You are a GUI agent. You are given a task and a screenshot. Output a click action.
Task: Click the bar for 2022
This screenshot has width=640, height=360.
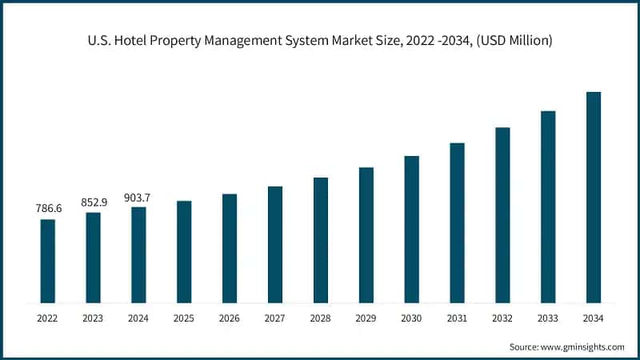(x=48, y=262)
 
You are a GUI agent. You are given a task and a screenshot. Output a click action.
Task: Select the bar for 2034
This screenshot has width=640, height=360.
(x=594, y=198)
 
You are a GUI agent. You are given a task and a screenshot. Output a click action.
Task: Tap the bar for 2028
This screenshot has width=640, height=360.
(x=321, y=240)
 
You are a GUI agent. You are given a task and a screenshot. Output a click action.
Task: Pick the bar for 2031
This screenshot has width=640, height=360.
(x=457, y=223)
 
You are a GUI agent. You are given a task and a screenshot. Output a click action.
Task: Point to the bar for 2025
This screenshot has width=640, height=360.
(x=184, y=252)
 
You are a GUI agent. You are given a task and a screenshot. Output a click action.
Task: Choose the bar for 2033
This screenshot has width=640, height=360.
(x=548, y=207)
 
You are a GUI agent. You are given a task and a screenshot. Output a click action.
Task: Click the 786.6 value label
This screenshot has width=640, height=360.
(x=48, y=208)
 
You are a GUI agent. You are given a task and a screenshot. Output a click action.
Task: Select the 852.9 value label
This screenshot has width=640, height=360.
(x=94, y=202)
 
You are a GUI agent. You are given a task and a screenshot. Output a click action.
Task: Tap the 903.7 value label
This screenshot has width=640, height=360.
(x=138, y=197)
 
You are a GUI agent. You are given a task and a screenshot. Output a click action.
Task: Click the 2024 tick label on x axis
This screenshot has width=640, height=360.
(x=138, y=318)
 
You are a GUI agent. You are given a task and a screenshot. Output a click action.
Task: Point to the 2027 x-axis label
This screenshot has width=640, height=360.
(x=275, y=318)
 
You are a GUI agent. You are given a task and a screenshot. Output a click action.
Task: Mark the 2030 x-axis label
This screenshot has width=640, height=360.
(x=411, y=318)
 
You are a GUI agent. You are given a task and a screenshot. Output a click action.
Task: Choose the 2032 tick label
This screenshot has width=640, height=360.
(x=502, y=318)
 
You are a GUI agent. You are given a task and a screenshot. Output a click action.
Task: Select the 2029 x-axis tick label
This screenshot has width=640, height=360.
(x=366, y=318)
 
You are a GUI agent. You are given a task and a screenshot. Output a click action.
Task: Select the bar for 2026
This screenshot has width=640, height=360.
(x=230, y=249)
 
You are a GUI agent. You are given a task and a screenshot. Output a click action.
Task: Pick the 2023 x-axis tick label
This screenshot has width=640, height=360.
(x=94, y=318)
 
